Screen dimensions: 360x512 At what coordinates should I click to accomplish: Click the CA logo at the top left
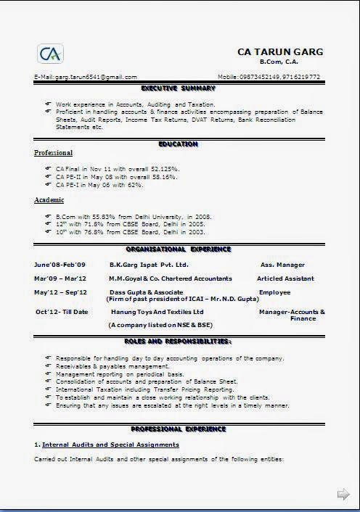pos(50,54)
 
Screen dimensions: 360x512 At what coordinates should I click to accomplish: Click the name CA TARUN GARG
pos(280,52)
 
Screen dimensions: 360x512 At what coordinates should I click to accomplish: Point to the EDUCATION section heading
pos(179,144)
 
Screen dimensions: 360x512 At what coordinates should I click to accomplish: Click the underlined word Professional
pos(54,153)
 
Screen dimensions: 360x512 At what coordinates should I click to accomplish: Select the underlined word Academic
pos(49,199)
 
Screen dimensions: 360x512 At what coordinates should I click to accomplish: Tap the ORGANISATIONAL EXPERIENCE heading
pos(179,249)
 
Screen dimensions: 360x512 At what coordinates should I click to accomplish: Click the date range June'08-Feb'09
pos(60,265)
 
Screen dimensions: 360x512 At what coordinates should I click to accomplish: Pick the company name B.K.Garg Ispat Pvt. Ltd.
pos(149,265)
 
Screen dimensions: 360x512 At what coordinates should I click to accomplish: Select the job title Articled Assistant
pos(285,278)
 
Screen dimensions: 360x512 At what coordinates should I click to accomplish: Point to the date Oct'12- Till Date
pos(62,312)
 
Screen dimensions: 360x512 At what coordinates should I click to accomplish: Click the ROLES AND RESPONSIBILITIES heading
pos(179,341)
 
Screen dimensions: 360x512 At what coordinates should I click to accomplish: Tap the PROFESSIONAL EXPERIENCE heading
pos(179,429)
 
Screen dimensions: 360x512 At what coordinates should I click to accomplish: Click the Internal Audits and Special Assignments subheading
pos(110,444)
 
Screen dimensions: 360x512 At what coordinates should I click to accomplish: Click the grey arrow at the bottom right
pos(343,494)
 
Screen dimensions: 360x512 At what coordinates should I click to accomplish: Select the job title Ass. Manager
pos(282,265)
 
